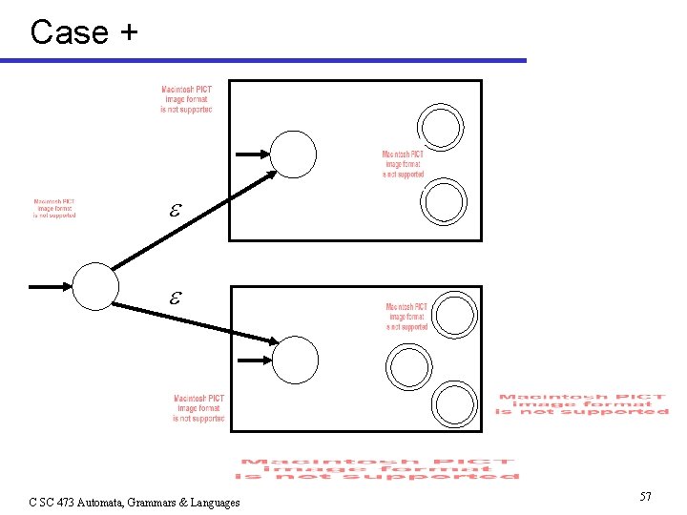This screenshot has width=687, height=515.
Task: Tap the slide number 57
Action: click(645, 497)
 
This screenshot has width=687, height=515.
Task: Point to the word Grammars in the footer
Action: click(160, 503)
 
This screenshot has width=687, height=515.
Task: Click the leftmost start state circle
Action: click(96, 285)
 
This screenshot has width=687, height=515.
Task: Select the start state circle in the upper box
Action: click(293, 154)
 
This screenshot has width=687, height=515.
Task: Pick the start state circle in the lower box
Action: click(295, 360)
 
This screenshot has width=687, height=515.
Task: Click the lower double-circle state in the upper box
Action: click(445, 201)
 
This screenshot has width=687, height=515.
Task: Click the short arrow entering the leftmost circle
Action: click(50, 285)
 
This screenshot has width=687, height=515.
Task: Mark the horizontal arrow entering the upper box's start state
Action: click(252, 154)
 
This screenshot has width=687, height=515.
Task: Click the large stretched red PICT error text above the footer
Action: click(378, 468)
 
